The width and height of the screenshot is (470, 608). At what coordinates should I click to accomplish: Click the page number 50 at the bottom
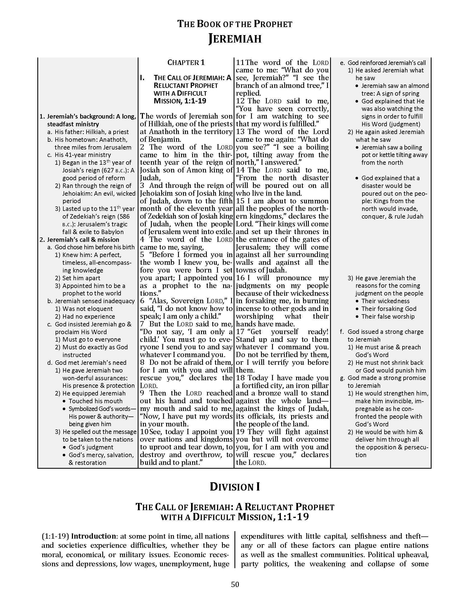point(235,584)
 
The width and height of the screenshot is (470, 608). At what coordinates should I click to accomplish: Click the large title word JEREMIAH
point(235,39)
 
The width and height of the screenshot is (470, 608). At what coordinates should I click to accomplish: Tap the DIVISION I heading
point(235,487)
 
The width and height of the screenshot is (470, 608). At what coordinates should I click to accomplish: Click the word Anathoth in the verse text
point(164,132)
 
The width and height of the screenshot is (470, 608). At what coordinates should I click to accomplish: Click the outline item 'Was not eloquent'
point(87,309)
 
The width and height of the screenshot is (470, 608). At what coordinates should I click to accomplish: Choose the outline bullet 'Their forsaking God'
point(389,309)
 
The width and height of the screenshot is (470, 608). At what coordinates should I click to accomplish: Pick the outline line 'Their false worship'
point(388,316)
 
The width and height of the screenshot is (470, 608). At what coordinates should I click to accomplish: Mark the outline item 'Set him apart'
point(81,278)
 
